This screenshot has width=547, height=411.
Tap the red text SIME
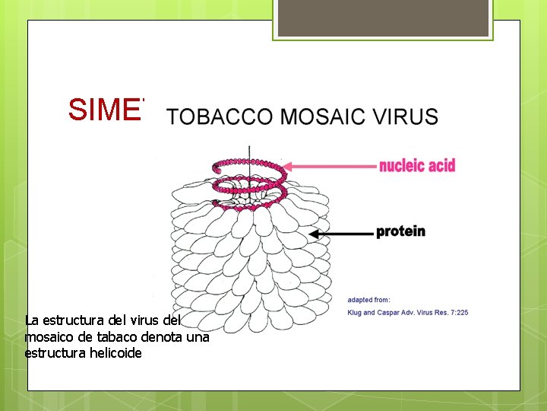click(106, 110)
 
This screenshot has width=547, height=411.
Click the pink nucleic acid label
click(417, 165)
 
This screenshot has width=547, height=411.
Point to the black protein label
click(400, 231)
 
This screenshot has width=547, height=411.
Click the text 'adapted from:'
click(369, 299)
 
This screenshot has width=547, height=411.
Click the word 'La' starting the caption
click(32, 320)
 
